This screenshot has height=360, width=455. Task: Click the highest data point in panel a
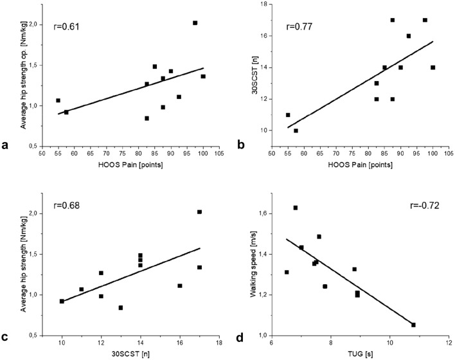[195, 23]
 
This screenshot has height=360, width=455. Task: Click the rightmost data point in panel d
[413, 325]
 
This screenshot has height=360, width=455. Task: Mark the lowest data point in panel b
[296, 130]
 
